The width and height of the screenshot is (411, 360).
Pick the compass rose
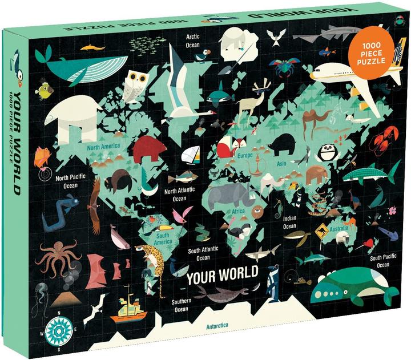[57, 327]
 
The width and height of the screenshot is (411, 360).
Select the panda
[328, 152]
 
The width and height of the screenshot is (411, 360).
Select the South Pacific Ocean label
[384, 261]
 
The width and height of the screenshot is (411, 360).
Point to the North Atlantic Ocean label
[179, 195]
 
